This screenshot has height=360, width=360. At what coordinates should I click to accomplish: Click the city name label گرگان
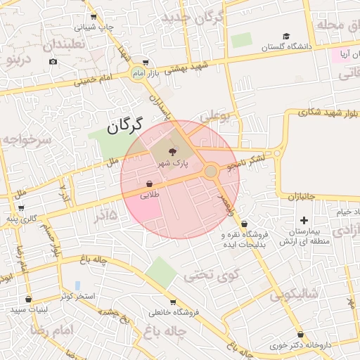tap(124, 127)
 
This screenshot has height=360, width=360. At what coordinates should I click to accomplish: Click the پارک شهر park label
tap(172, 162)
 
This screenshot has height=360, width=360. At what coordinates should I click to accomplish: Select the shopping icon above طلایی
tap(150, 184)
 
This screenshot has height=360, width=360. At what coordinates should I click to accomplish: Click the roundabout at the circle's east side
tap(210, 172)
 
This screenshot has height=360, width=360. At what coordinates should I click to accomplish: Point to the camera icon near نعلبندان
tap(53, 62)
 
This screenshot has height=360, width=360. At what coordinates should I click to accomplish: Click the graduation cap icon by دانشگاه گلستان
tap(285, 36)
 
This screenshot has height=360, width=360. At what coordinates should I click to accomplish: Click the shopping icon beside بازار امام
tap(146, 62)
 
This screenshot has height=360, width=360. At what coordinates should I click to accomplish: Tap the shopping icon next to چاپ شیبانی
tap(94, 16)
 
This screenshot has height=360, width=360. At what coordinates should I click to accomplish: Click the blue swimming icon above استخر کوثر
tap(77, 285)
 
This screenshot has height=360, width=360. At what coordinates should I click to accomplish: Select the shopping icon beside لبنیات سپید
tap(28, 299)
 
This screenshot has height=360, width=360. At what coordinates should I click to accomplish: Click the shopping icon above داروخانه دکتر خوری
tap(301, 335)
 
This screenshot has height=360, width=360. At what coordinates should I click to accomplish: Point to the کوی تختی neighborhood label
tap(212, 276)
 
